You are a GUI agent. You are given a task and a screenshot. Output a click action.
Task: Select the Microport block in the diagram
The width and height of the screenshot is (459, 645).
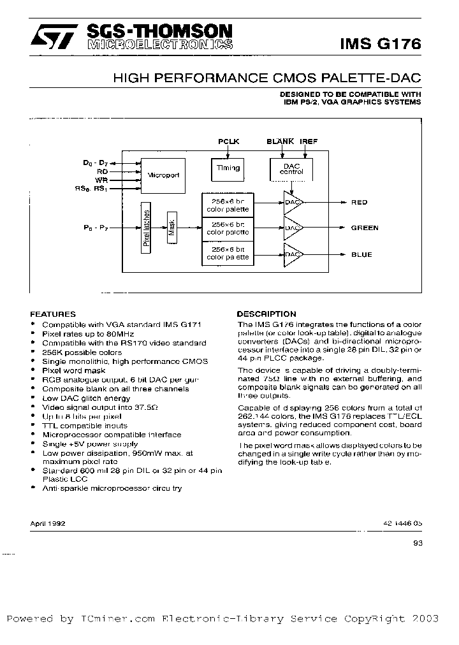tap(163, 175)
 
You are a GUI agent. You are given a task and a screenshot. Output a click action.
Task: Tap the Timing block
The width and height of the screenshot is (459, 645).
tap(228, 169)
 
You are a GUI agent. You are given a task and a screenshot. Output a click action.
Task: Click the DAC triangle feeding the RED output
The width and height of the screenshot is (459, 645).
tap(292, 202)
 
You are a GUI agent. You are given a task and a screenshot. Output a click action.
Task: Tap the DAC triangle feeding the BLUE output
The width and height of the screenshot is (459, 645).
tap(292, 254)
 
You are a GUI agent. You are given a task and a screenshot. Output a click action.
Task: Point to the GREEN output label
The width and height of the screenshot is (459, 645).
tap(365, 228)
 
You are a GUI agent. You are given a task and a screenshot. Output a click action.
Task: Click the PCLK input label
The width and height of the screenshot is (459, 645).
tap(228, 141)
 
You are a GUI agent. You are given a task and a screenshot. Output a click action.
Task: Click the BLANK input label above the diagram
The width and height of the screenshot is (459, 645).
tap(280, 141)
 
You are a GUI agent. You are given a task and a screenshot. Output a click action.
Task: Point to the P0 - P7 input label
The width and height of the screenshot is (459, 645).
tap(96, 227)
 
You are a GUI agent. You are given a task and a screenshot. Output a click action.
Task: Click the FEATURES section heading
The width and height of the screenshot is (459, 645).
tap(53, 314)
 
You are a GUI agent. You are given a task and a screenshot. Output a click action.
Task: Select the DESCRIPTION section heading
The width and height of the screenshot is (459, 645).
tap(266, 314)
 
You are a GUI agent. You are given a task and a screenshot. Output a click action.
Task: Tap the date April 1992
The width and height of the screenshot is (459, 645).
tap(48, 522)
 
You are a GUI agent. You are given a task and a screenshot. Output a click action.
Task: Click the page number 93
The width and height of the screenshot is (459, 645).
tap(418, 544)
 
